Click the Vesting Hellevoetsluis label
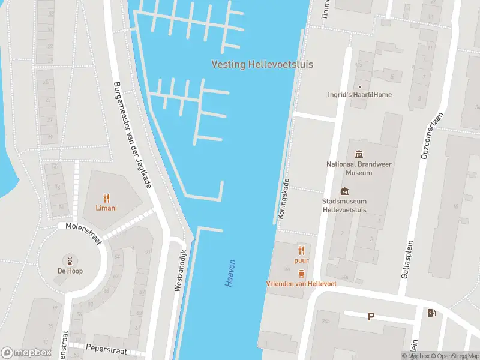262,65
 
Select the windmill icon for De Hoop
70,260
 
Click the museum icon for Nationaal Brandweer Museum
359,154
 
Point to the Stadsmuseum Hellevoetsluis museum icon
344,191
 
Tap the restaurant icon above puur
301,250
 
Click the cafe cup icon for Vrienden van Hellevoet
301,273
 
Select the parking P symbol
371,316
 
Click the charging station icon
431,312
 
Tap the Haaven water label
231,273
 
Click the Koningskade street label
283,199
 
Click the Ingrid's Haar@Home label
359,94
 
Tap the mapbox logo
26,353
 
